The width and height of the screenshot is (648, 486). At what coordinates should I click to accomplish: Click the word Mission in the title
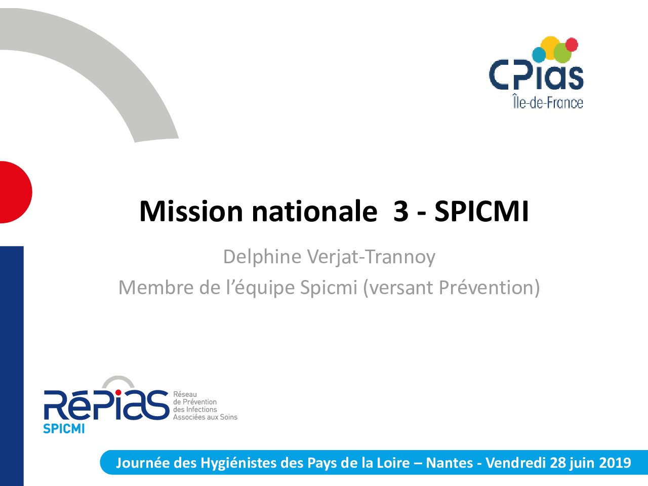pos(191,211)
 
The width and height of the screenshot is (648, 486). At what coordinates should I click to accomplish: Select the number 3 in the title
pos(401,211)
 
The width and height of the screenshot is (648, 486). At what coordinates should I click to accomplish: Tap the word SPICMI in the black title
pos(481,211)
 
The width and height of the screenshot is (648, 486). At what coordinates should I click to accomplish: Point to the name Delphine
pos(262,257)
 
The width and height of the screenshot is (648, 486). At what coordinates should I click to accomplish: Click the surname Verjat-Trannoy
pos(371,257)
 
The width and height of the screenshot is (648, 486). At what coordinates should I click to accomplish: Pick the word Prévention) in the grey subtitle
pos(489,288)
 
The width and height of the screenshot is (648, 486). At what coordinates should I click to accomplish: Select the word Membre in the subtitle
pos(156,288)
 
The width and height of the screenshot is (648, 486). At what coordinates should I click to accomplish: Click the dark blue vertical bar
pos(12,366)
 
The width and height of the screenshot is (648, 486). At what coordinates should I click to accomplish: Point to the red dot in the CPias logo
pos(572,45)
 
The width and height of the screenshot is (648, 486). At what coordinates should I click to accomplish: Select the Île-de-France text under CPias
pos(548,102)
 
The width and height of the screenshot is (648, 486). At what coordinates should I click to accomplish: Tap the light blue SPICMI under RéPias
pos(64,429)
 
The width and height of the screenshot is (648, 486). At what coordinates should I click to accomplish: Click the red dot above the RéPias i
pos(118,392)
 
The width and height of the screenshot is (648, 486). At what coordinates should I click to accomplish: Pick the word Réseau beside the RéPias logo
pos(185,394)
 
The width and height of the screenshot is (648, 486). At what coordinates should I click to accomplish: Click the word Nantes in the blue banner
pos(450,463)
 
